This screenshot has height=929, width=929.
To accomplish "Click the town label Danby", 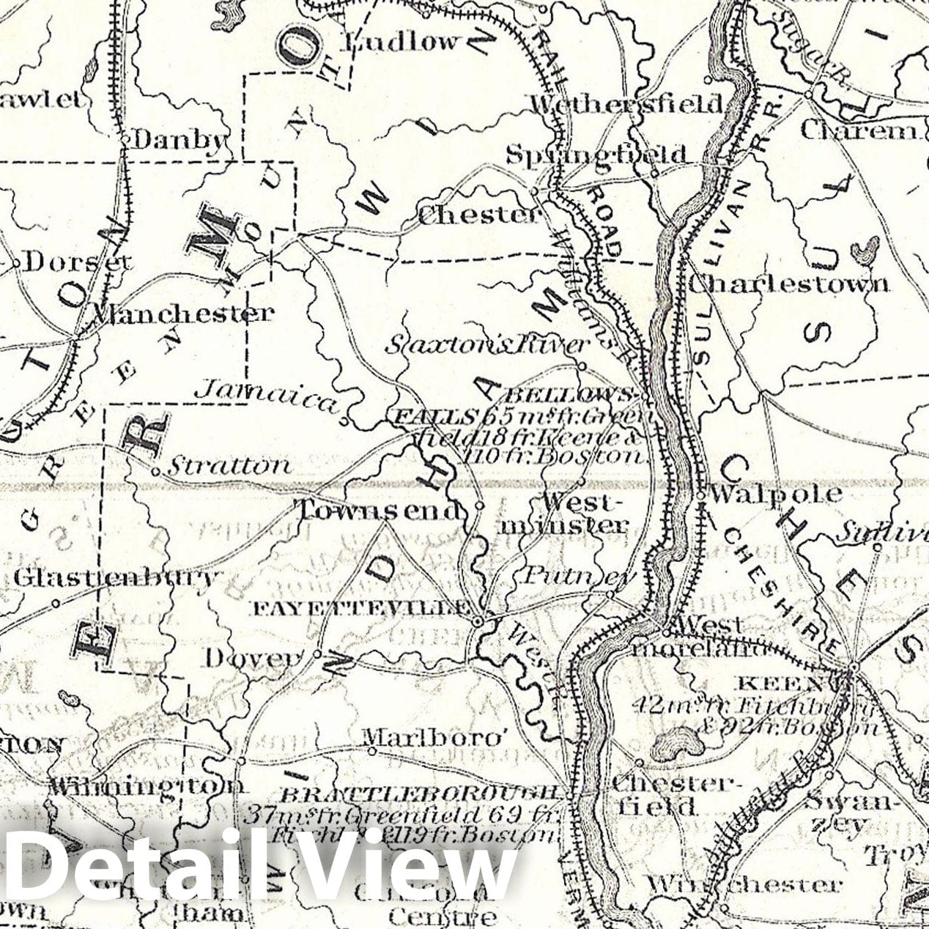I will [178, 139].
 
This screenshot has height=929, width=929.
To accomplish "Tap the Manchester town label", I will [181, 314].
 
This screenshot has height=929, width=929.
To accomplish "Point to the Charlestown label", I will [789, 284].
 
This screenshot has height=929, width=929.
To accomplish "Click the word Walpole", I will [775, 493].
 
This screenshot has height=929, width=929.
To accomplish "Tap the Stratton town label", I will [229, 464].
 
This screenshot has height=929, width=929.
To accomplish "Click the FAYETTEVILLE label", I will [361, 607].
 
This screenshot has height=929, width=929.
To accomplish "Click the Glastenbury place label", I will [116, 578].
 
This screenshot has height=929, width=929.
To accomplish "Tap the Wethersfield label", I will [626, 103].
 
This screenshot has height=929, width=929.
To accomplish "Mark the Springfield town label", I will [597, 155].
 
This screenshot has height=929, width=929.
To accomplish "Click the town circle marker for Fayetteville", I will [478, 621].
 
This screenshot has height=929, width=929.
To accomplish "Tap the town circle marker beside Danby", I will [125, 138].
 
